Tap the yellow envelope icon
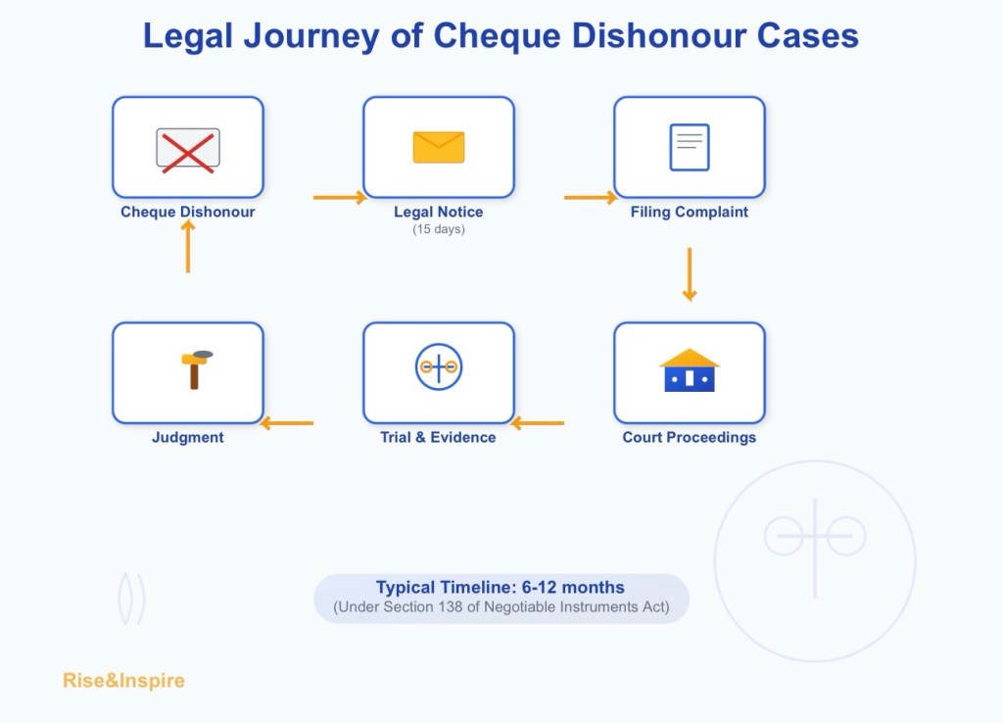click(438, 147)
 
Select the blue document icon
click(689, 147)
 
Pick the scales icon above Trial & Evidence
click(438, 366)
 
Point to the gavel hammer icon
click(196, 368)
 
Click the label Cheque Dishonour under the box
click(187, 212)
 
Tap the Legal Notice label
click(438, 212)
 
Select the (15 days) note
click(438, 229)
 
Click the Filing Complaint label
click(689, 212)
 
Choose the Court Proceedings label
click(689, 437)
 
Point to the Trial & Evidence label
click(438, 437)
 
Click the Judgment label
click(187, 437)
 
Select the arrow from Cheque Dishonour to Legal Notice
click(339, 198)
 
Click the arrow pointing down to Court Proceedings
click(689, 274)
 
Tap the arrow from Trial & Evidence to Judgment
click(287, 423)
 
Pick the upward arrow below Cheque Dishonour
click(187, 247)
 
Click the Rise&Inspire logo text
click(123, 680)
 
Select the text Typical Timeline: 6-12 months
click(501, 588)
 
